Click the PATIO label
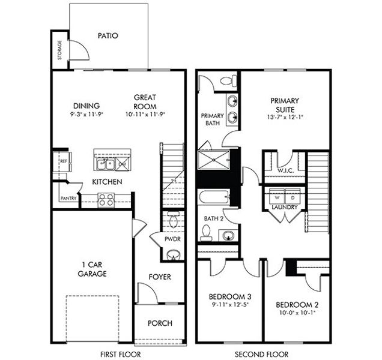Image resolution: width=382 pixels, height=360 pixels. click(108, 35)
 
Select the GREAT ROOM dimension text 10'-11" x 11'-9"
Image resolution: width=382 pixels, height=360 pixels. click(145, 114)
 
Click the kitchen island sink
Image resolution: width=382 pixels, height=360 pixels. click(103, 163)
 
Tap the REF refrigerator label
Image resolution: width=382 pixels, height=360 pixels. click(63, 160)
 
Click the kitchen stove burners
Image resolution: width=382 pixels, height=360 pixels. click(106, 199)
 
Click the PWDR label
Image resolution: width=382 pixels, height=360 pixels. click(172, 239)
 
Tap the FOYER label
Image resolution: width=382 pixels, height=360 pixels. click(160, 277)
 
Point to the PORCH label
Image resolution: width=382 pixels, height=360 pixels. click(160, 323)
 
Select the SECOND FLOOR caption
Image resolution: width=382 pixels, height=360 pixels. click(261, 353)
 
